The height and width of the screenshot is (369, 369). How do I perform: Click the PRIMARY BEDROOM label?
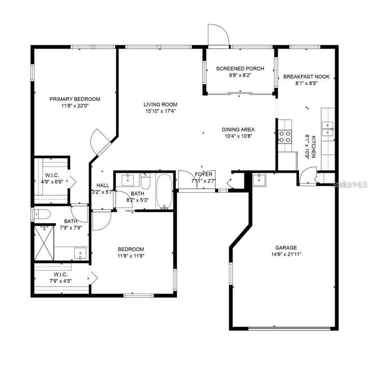pos(75,99)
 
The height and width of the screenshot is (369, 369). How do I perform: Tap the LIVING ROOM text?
pos(160,105)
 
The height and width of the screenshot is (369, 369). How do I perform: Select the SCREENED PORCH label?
pos(240,69)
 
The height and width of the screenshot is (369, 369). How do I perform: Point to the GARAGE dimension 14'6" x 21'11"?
pos(286,254)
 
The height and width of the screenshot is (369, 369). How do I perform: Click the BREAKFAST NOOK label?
pos(306,77)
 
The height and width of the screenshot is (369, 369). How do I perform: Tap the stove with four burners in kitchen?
pos(285,137)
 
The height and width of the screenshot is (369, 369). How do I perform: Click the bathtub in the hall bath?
pos(164,191)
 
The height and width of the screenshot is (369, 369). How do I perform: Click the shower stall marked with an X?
pos(43,243)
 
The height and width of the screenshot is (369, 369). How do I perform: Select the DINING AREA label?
pos(238,130)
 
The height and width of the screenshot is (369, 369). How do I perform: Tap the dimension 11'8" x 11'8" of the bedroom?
pos(131,256)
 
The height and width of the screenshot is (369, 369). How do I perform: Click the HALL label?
pos(103,185)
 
